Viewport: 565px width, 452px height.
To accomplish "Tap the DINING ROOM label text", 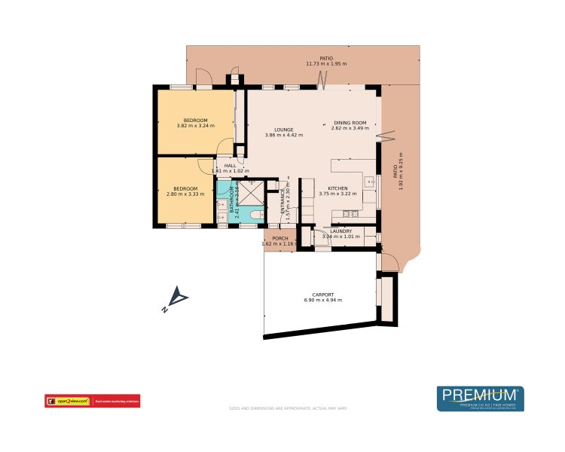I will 350,123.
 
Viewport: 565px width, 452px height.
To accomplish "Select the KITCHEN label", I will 337,189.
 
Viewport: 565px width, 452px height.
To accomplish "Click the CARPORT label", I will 322,295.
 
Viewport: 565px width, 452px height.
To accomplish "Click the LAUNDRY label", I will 341,231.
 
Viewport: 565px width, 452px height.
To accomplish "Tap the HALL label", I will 230,166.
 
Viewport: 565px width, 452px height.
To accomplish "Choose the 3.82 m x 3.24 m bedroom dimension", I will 195,126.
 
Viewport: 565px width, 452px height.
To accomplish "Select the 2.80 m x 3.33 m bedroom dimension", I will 185,194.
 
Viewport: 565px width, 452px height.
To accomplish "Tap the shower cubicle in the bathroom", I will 255,192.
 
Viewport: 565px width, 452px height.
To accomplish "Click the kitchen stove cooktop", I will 349,214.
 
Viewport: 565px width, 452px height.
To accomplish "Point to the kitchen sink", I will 369,182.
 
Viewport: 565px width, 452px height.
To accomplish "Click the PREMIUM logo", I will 480,397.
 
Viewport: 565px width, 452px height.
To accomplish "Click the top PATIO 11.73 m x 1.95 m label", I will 326,61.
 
